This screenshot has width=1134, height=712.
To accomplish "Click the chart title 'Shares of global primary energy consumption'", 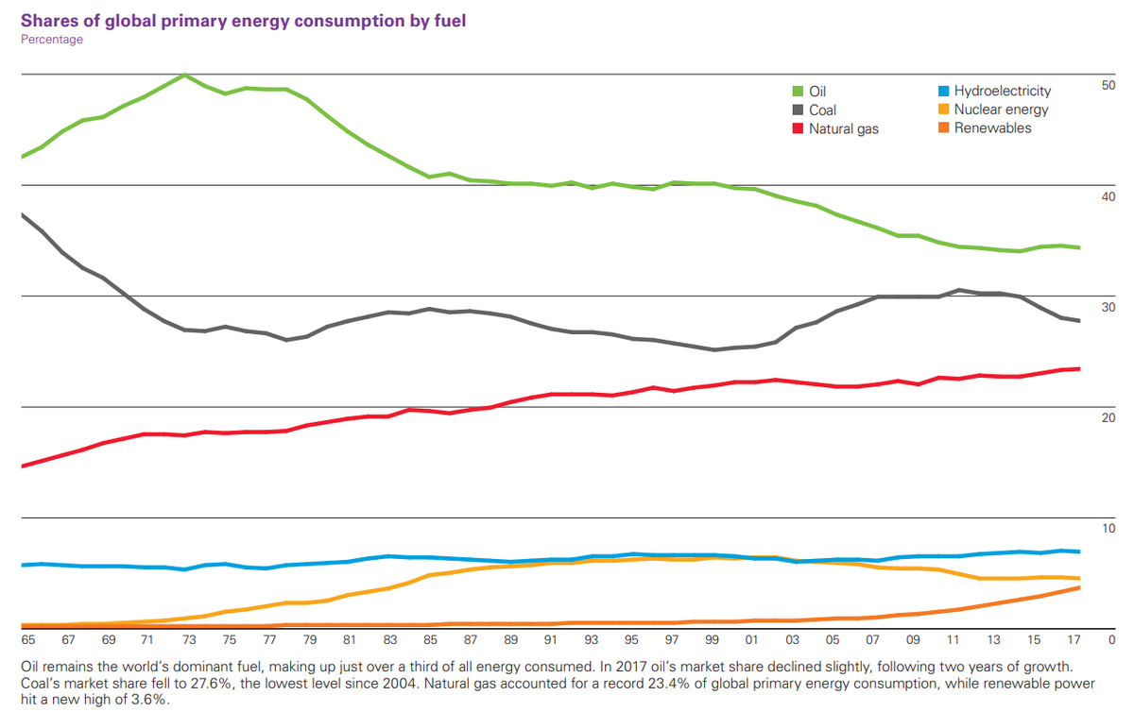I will (243, 19).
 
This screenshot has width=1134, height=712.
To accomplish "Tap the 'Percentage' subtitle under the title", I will (51, 40).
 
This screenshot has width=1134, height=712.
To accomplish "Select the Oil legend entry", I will (816, 92).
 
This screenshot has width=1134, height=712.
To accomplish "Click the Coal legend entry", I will (822, 110).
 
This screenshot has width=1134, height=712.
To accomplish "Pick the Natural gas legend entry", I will (843, 127).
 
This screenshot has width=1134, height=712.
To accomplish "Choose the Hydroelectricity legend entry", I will (1002, 91).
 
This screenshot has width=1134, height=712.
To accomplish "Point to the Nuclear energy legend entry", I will (1001, 110).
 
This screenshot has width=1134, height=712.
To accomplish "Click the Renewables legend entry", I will (992, 127).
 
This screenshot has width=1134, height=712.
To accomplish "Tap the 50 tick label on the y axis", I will (1108, 86).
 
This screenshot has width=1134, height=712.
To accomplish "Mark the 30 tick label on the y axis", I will (1108, 308).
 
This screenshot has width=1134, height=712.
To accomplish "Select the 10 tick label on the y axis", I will (1108, 529).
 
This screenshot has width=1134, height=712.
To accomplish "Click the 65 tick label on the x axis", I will (27, 640).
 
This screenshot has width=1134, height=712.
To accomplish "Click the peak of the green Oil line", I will (184, 75).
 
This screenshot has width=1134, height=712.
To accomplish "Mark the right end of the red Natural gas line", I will (1080, 369).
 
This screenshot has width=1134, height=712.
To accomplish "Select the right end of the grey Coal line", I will (1080, 321).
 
